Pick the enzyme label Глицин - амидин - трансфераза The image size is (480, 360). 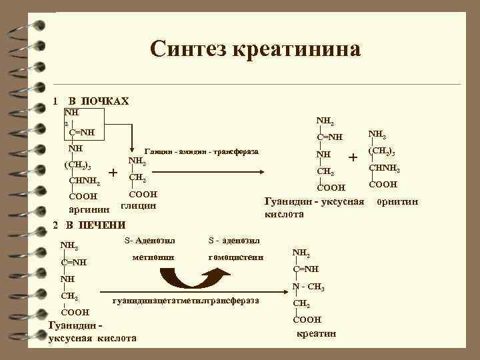pos(201,152)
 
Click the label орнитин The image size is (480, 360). pos(398,201)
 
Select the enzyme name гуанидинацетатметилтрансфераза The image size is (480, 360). pos(186,301)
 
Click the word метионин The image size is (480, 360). pos(153,257)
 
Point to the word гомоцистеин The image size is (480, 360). pos(236,257)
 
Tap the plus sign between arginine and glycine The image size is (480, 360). pos(114,173)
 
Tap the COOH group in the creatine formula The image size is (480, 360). pos(307,319)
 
